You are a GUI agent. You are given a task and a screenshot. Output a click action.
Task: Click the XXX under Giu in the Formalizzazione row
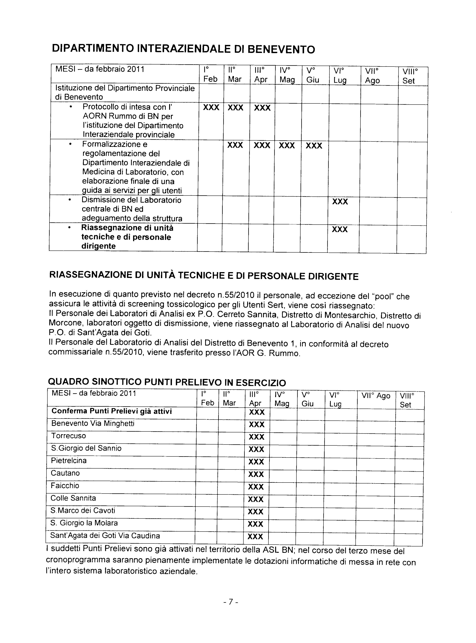(x=314, y=146)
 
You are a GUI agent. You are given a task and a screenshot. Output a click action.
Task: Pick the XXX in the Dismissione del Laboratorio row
(x=340, y=202)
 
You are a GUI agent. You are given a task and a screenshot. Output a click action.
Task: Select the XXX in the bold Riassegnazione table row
(x=340, y=229)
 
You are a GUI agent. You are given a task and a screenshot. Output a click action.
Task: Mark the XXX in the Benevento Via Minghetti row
(x=256, y=425)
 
